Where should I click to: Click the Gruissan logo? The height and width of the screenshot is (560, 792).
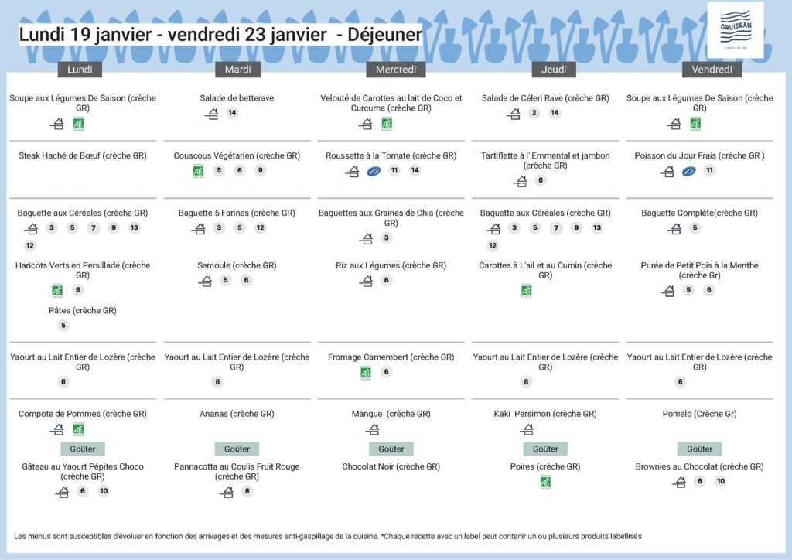tap(734, 32)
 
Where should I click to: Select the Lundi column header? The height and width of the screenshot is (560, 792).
tap(80, 70)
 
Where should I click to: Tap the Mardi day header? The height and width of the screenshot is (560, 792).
tap(237, 70)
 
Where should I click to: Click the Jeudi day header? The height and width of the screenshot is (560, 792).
tap(554, 70)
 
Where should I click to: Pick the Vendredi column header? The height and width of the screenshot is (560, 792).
tap(712, 70)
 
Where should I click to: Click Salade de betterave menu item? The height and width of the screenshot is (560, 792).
tap(237, 98)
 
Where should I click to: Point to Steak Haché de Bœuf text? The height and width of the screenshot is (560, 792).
tap(82, 155)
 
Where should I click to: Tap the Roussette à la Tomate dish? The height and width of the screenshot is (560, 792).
tap(391, 155)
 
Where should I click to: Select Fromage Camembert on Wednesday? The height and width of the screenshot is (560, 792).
tap(391, 357)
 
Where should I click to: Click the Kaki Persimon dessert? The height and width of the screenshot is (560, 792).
tap(545, 414)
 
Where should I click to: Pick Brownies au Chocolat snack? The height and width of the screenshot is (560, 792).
tap(699, 466)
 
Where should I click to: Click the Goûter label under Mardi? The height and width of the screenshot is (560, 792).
tap(237, 449)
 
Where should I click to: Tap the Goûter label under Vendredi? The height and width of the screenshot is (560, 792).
tap(699, 449)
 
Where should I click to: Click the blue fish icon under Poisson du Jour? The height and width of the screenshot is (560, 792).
tap(688, 171)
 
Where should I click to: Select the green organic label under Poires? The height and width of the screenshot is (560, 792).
tap(545, 482)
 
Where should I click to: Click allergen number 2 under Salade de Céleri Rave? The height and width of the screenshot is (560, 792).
tap(534, 114)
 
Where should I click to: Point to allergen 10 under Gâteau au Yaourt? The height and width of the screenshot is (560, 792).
tap(104, 491)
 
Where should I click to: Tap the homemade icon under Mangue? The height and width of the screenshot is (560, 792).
tap(373, 429)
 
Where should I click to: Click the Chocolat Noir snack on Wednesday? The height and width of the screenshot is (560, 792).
tap(391, 466)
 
